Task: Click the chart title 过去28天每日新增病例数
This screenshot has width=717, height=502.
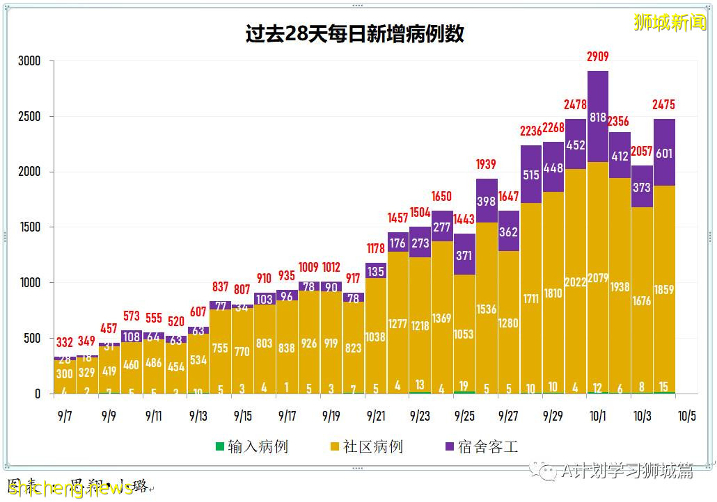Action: tap(354, 34)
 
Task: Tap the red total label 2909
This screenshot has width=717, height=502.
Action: tap(597, 57)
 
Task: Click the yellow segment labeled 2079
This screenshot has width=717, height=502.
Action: tap(597, 278)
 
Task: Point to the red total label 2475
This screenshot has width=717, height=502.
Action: tap(664, 105)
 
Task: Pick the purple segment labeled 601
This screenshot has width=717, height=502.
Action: tap(664, 152)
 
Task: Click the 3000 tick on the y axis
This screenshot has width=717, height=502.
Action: tap(29, 61)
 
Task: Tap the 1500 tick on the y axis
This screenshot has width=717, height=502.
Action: tap(29, 227)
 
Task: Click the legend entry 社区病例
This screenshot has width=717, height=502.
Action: tap(366, 446)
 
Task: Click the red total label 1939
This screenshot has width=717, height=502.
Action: tap(487, 165)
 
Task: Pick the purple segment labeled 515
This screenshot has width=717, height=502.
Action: tap(531, 175)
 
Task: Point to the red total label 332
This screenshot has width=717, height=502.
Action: tap(65, 343)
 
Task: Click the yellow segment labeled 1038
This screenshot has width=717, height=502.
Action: tap(376, 336)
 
